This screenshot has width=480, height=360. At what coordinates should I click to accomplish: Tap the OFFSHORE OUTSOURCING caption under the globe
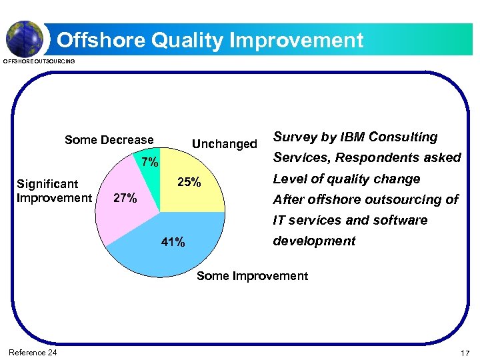pos(39,62)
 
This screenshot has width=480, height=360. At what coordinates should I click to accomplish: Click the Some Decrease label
pos(109,140)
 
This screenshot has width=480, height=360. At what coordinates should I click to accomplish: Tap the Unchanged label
pos(224,144)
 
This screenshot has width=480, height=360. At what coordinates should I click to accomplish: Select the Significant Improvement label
pos(54,191)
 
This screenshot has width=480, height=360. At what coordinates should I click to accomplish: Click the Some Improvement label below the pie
pos(252,276)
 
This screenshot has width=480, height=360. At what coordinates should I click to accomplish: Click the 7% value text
pos(149,162)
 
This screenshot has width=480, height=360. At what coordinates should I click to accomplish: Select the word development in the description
pos(315,241)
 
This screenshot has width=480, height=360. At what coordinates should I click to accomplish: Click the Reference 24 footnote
pos(33,352)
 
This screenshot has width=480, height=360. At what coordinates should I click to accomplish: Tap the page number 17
pos(465,352)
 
